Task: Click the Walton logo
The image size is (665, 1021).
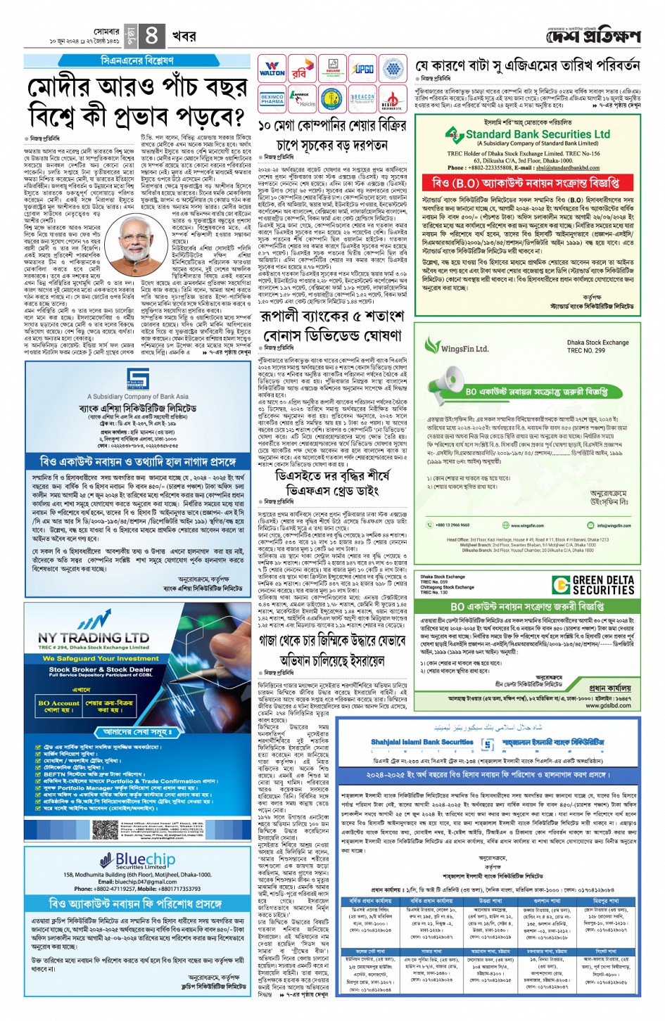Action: click(x=272, y=69)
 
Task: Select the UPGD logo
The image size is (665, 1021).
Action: click(x=363, y=69)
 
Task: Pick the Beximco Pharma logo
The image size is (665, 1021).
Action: click(x=272, y=99)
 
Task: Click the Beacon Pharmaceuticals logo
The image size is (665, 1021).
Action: click(x=363, y=99)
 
